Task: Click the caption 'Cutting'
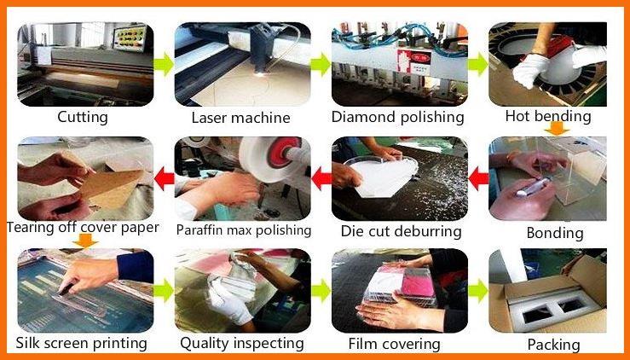[83, 118]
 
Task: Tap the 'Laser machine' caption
[240, 118]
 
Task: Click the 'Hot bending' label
[548, 116]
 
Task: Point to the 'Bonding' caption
[555, 233]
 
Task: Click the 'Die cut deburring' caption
[401, 231]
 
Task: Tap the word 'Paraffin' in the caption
[201, 230]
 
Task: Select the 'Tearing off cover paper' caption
[83, 227]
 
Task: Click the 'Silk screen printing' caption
[82, 343]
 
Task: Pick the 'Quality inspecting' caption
[242, 344]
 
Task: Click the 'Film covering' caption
[394, 344]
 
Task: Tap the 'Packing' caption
[553, 345]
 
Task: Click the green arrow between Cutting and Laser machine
[164, 64]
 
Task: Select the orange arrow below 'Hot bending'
[557, 129]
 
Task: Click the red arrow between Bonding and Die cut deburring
[478, 179]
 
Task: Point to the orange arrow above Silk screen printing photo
[85, 241]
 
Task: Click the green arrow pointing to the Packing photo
[478, 290]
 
